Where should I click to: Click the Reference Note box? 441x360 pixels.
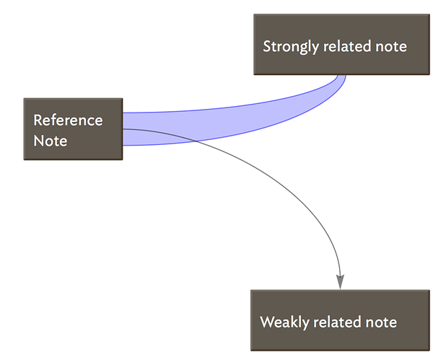pos(73,129)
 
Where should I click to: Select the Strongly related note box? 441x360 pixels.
pos(341,45)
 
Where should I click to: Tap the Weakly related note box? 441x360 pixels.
pos(340,320)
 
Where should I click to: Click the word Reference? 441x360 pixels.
pos(68,120)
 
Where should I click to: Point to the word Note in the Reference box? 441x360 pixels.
pos(51,141)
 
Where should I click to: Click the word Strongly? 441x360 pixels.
pos(291,47)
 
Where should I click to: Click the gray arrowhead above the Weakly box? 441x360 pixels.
pos(340,282)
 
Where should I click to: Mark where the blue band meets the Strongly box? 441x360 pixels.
pos(341,75)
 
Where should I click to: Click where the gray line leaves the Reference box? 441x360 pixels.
pos(123,129)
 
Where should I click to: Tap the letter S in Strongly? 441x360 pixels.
pos(267,46)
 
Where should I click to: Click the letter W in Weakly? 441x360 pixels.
pos(267,322)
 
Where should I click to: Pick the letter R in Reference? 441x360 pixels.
pos(38,120)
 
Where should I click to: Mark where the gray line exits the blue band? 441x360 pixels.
pos(196,140)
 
